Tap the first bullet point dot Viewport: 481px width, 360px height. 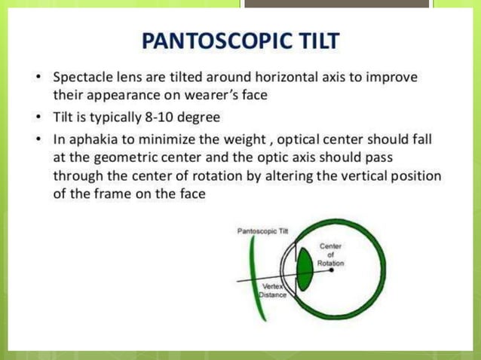pos(38,78)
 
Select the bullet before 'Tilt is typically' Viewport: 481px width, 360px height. pos(38,118)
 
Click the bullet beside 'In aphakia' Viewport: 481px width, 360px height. pos(38,140)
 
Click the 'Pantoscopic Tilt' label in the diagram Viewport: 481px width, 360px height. pos(257,231)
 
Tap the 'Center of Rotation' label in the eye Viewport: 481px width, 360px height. pos(329,255)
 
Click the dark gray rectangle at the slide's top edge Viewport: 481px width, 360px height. pos(336,4)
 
